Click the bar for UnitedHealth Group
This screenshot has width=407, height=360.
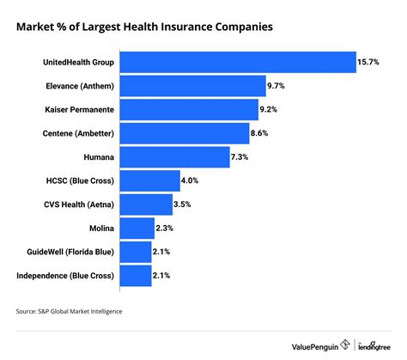238,63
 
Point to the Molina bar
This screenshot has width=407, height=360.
137,229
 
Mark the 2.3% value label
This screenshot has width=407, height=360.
167,229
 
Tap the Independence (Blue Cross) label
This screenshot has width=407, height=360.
64,276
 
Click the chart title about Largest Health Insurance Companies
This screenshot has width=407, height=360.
144,26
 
